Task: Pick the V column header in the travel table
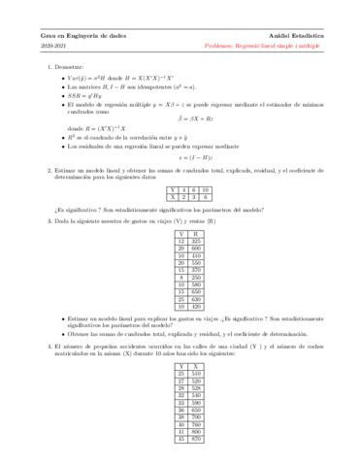pos(181,234)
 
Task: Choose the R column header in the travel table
pos(197,234)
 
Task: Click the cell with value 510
pos(196,373)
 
